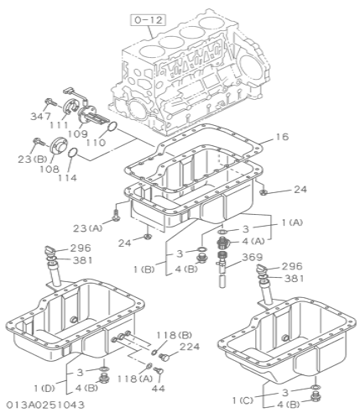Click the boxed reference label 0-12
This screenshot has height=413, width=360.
pos(149,20)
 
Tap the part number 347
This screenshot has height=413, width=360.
pos(41,116)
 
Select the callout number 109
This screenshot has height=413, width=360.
pos(78,133)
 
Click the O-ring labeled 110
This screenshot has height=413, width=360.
pos(112,127)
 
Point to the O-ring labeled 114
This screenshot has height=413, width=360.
pos(72,153)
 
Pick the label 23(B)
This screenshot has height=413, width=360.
pos(33,159)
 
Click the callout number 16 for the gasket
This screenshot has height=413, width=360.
pos(282,137)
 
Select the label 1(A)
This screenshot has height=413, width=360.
pos(292,222)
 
